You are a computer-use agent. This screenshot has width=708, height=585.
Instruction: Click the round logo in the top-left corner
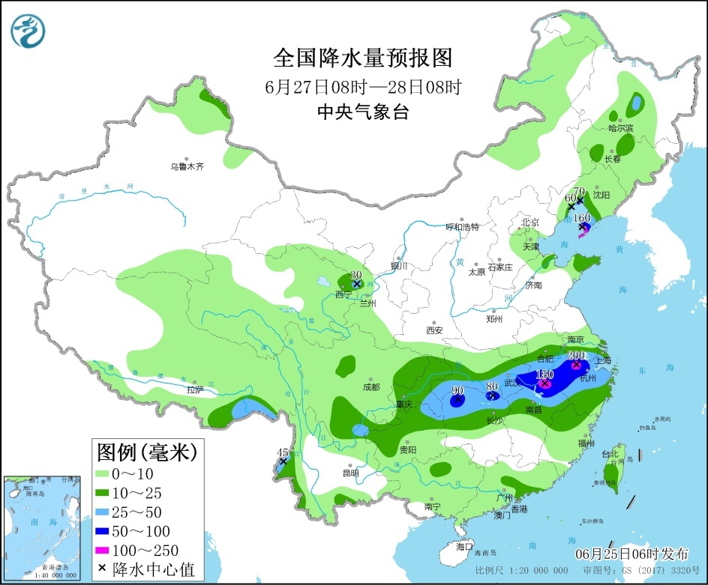[28, 31]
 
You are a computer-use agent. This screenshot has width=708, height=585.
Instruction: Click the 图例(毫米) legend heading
[146, 452]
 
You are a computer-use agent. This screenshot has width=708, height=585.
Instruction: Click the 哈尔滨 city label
[620, 128]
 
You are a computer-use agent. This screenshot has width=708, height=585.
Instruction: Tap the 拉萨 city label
[195, 390]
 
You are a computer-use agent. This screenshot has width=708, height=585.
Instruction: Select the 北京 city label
[531, 222]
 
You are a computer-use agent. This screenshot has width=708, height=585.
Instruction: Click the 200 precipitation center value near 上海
[576, 356]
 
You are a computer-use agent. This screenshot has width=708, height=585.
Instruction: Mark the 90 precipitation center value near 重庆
[457, 390]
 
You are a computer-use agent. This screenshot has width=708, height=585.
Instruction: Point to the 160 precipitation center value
[582, 218]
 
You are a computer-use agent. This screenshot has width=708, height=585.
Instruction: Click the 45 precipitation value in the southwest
[283, 452]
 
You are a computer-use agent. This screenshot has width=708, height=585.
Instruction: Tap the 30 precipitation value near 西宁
[357, 275]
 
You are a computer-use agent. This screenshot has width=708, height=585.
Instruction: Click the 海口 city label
[465, 545]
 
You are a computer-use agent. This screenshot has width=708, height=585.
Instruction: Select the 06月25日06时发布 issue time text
[631, 554]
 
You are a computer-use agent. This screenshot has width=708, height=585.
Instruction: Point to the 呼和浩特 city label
[462, 227]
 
